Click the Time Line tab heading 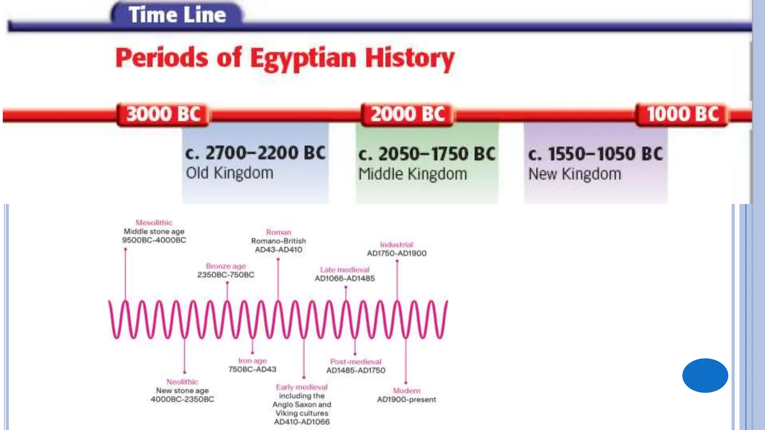coord(177,15)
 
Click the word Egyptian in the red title coord(303,59)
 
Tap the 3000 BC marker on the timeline coord(163,114)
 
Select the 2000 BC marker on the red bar coord(408,114)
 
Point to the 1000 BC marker coord(682,114)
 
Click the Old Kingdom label coord(229,173)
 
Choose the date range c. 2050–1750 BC coord(427,154)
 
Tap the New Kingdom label coord(574,174)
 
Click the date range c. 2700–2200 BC coord(255,153)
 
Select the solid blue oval coord(705,375)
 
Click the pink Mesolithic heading coord(154,222)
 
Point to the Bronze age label coord(226,266)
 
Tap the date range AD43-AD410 coord(278,250)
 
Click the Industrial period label coord(396,244)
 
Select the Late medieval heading coord(344,269)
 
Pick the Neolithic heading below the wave coord(182,382)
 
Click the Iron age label coord(252,361)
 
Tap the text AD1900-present coord(406,399)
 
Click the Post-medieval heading coord(356,362)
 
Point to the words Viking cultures coord(302,413)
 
